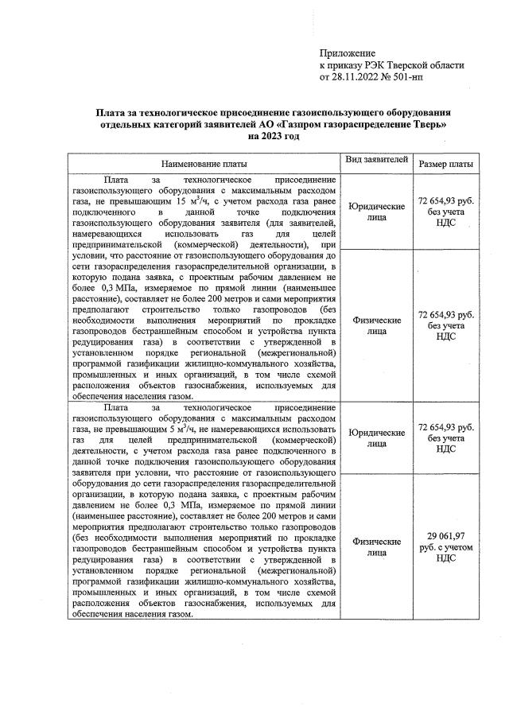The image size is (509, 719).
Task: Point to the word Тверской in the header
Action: pos(405,65)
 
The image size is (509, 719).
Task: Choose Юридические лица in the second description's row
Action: pos(376,438)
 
